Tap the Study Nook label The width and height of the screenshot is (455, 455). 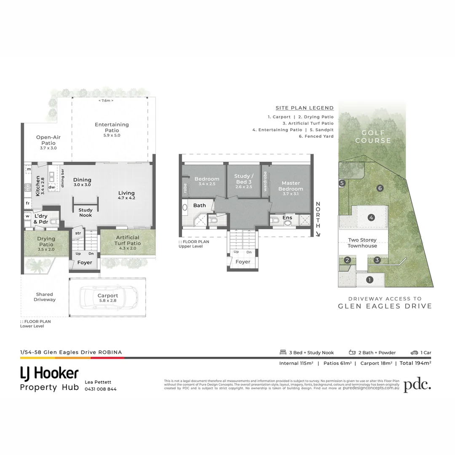86,213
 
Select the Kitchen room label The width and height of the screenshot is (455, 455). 37,186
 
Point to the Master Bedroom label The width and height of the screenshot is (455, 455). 290,186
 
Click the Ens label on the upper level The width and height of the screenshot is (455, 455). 287,217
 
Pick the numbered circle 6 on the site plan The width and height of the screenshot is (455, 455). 380,188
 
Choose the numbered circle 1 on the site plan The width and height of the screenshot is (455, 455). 369,279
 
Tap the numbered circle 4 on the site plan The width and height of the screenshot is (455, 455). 371,217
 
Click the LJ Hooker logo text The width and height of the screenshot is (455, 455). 49,373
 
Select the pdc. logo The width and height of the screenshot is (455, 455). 417,385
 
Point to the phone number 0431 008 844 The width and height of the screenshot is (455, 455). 101,389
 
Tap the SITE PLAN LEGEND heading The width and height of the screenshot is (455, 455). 305,108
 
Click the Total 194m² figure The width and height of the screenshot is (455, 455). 415,363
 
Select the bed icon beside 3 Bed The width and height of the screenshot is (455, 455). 283,352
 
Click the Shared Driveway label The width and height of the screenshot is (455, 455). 45,297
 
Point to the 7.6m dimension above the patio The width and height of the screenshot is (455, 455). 106,100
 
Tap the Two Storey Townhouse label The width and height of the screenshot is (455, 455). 362,243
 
